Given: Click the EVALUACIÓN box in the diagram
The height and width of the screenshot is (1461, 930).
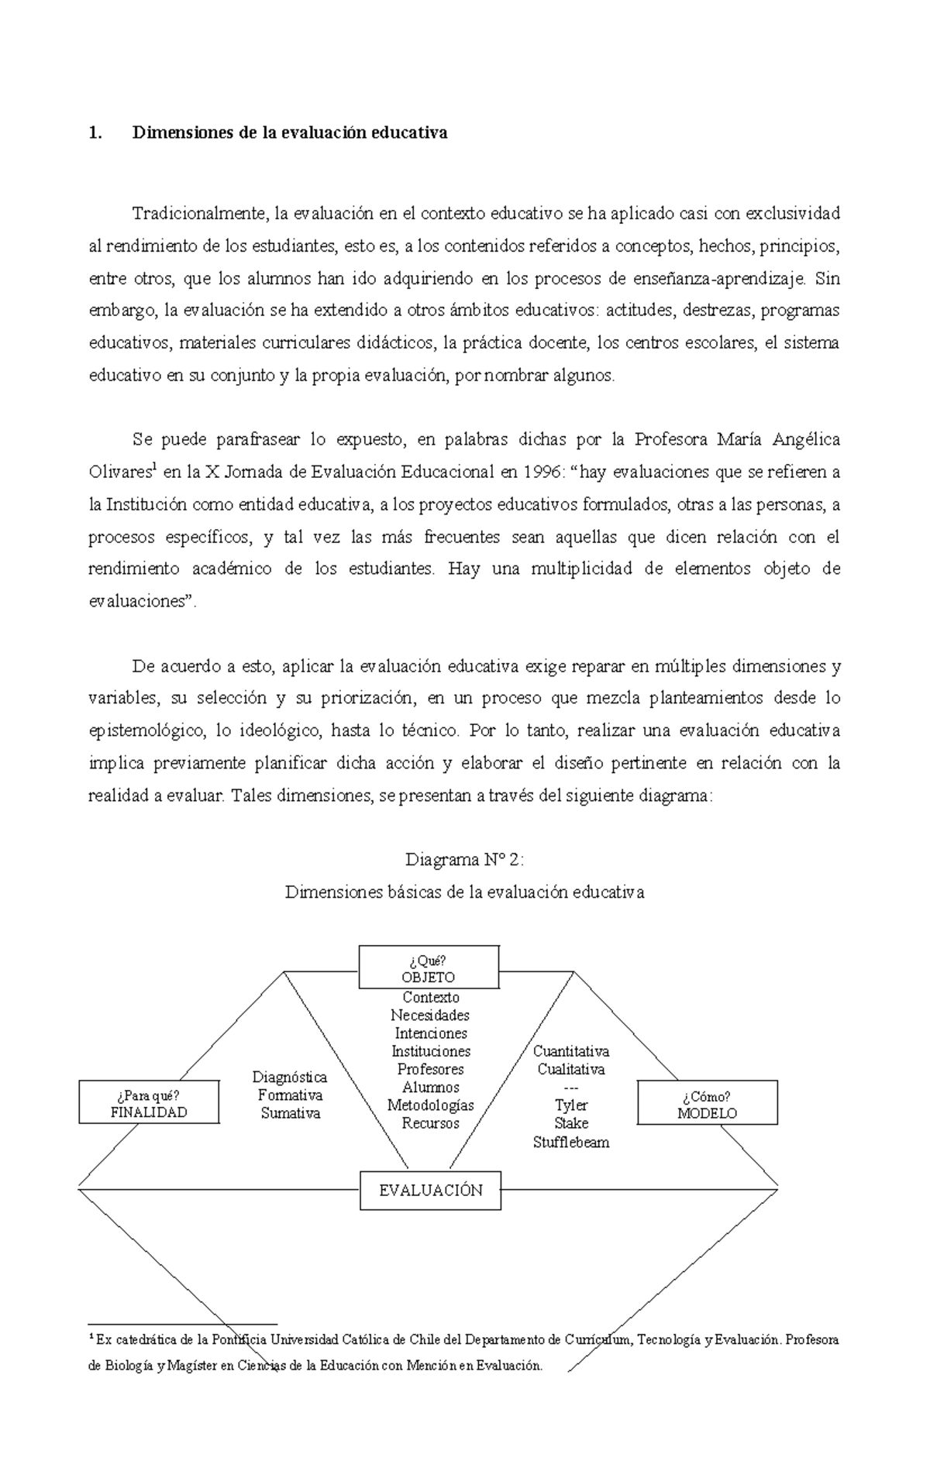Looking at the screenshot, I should [x=430, y=1191].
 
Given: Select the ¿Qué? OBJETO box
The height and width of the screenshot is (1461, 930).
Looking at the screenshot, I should [x=429, y=968].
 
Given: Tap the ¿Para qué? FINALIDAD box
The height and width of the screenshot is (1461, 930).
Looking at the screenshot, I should [x=149, y=1104].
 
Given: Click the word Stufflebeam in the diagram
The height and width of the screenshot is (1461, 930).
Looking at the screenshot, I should [x=571, y=1142].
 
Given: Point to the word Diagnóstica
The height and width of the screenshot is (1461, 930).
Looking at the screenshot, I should [x=290, y=1077].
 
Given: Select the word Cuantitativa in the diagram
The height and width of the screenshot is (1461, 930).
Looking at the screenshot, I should [x=571, y=1051].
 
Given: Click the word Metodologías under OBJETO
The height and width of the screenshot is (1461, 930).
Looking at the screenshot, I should [x=430, y=1105].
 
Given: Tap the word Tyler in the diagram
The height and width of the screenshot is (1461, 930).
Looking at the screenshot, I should [x=571, y=1105].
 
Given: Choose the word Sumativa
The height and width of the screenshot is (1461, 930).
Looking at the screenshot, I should [x=290, y=1113].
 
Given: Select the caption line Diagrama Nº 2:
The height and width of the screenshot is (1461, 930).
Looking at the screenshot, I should [x=464, y=859].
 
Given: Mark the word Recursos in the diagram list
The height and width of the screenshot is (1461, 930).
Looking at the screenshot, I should [x=430, y=1123].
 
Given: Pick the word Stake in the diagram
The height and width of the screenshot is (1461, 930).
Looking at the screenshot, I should [x=571, y=1123].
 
